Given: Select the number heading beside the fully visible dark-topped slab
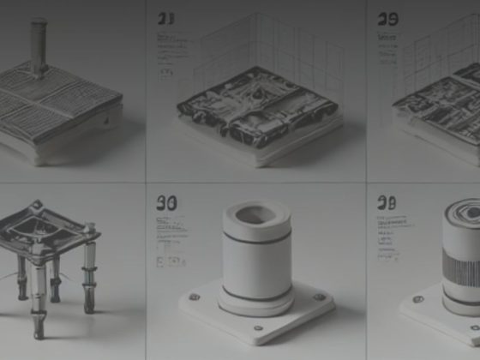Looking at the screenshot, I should click(166, 18).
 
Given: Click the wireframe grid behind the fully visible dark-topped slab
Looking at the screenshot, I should click(274, 51).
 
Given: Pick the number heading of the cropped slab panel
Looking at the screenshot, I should click(387, 18).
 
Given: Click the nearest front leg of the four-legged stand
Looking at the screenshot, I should click(38, 296).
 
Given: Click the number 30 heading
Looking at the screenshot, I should click(167, 202).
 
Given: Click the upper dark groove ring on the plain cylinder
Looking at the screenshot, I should click(256, 237).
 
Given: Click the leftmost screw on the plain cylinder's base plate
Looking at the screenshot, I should click(195, 297).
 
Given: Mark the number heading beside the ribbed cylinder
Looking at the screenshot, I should click(387, 202).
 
